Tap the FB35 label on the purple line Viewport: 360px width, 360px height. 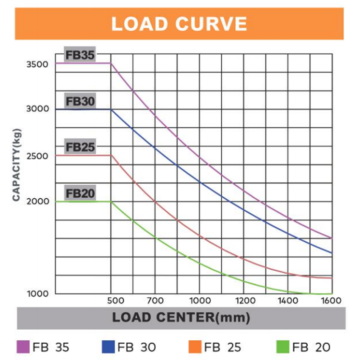point(80,55)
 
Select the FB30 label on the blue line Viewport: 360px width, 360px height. point(80,101)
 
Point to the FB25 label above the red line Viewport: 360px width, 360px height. point(80,147)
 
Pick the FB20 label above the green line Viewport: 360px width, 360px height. point(80,193)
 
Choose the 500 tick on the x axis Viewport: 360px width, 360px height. point(115,301)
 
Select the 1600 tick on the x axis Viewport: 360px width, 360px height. point(331,301)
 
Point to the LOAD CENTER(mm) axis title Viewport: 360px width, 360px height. point(181,318)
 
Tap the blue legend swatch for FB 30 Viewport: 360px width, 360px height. point(108,347)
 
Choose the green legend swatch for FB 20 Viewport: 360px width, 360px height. point(283,347)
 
